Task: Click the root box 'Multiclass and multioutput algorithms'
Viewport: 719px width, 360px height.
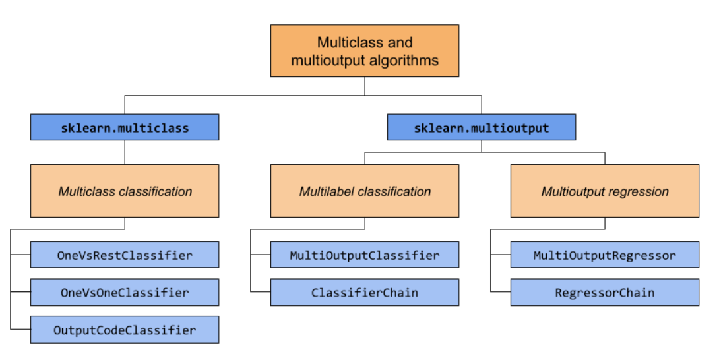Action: pos(364,51)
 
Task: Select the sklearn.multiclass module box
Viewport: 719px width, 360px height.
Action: pos(125,127)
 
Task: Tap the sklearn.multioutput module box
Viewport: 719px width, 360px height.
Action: pos(481,127)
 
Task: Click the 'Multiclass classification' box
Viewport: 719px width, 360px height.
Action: pos(125,191)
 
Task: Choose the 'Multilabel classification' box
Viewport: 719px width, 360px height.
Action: pos(364,191)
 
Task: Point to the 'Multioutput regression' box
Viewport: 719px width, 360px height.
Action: pos(604,191)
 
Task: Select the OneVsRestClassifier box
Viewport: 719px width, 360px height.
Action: pos(125,255)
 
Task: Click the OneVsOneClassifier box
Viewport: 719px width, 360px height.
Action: pos(125,292)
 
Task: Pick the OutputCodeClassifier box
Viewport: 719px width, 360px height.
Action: pos(125,330)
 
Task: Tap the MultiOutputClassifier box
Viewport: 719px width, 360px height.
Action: pos(364,255)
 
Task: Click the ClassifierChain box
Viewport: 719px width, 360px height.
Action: pos(364,292)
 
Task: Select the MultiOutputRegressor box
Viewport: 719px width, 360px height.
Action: pos(604,255)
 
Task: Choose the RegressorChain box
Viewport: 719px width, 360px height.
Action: pos(604,292)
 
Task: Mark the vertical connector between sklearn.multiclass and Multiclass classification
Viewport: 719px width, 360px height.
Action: pos(125,152)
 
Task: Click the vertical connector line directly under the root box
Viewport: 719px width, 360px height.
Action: pos(364,86)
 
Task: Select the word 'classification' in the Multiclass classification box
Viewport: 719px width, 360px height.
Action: pos(156,192)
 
